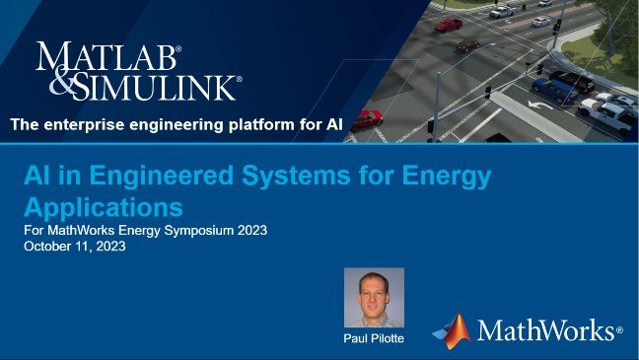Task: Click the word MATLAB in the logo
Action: [x=108, y=57]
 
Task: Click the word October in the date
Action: [x=49, y=247]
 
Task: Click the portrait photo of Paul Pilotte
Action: [x=374, y=297]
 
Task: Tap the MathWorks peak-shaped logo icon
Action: [x=451, y=330]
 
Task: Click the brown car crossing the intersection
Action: [x=468, y=45]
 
